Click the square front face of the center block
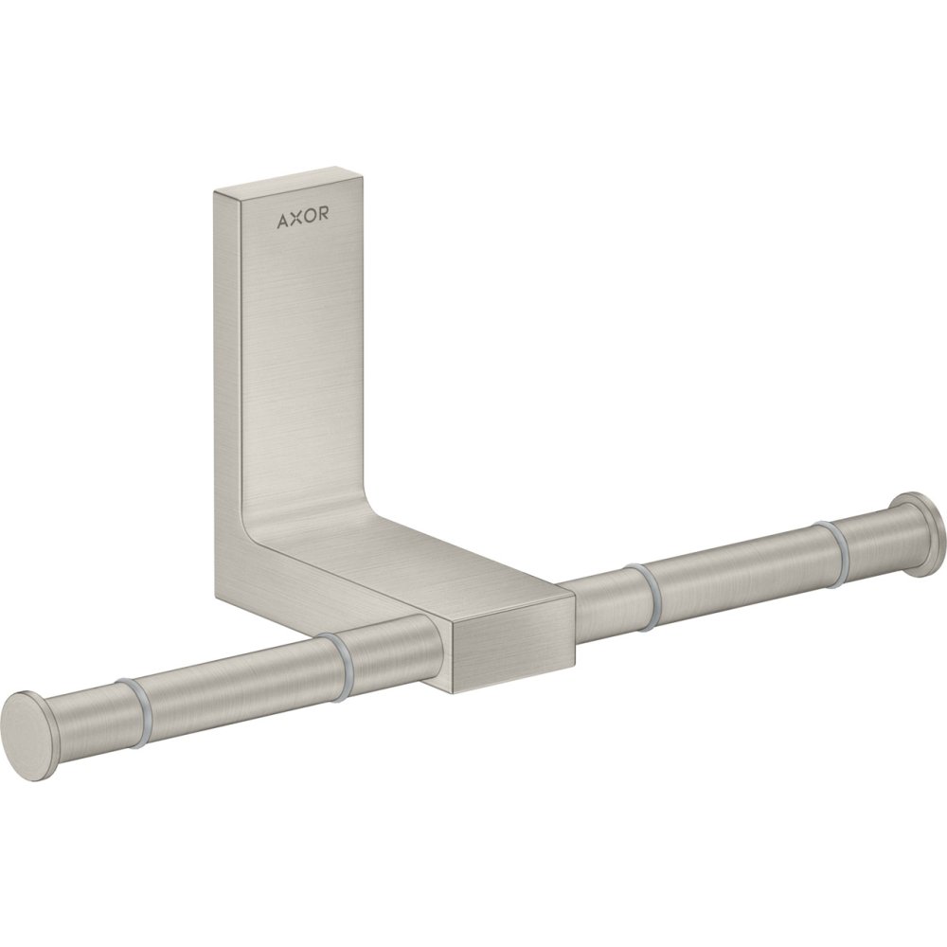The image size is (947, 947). click(512, 644)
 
